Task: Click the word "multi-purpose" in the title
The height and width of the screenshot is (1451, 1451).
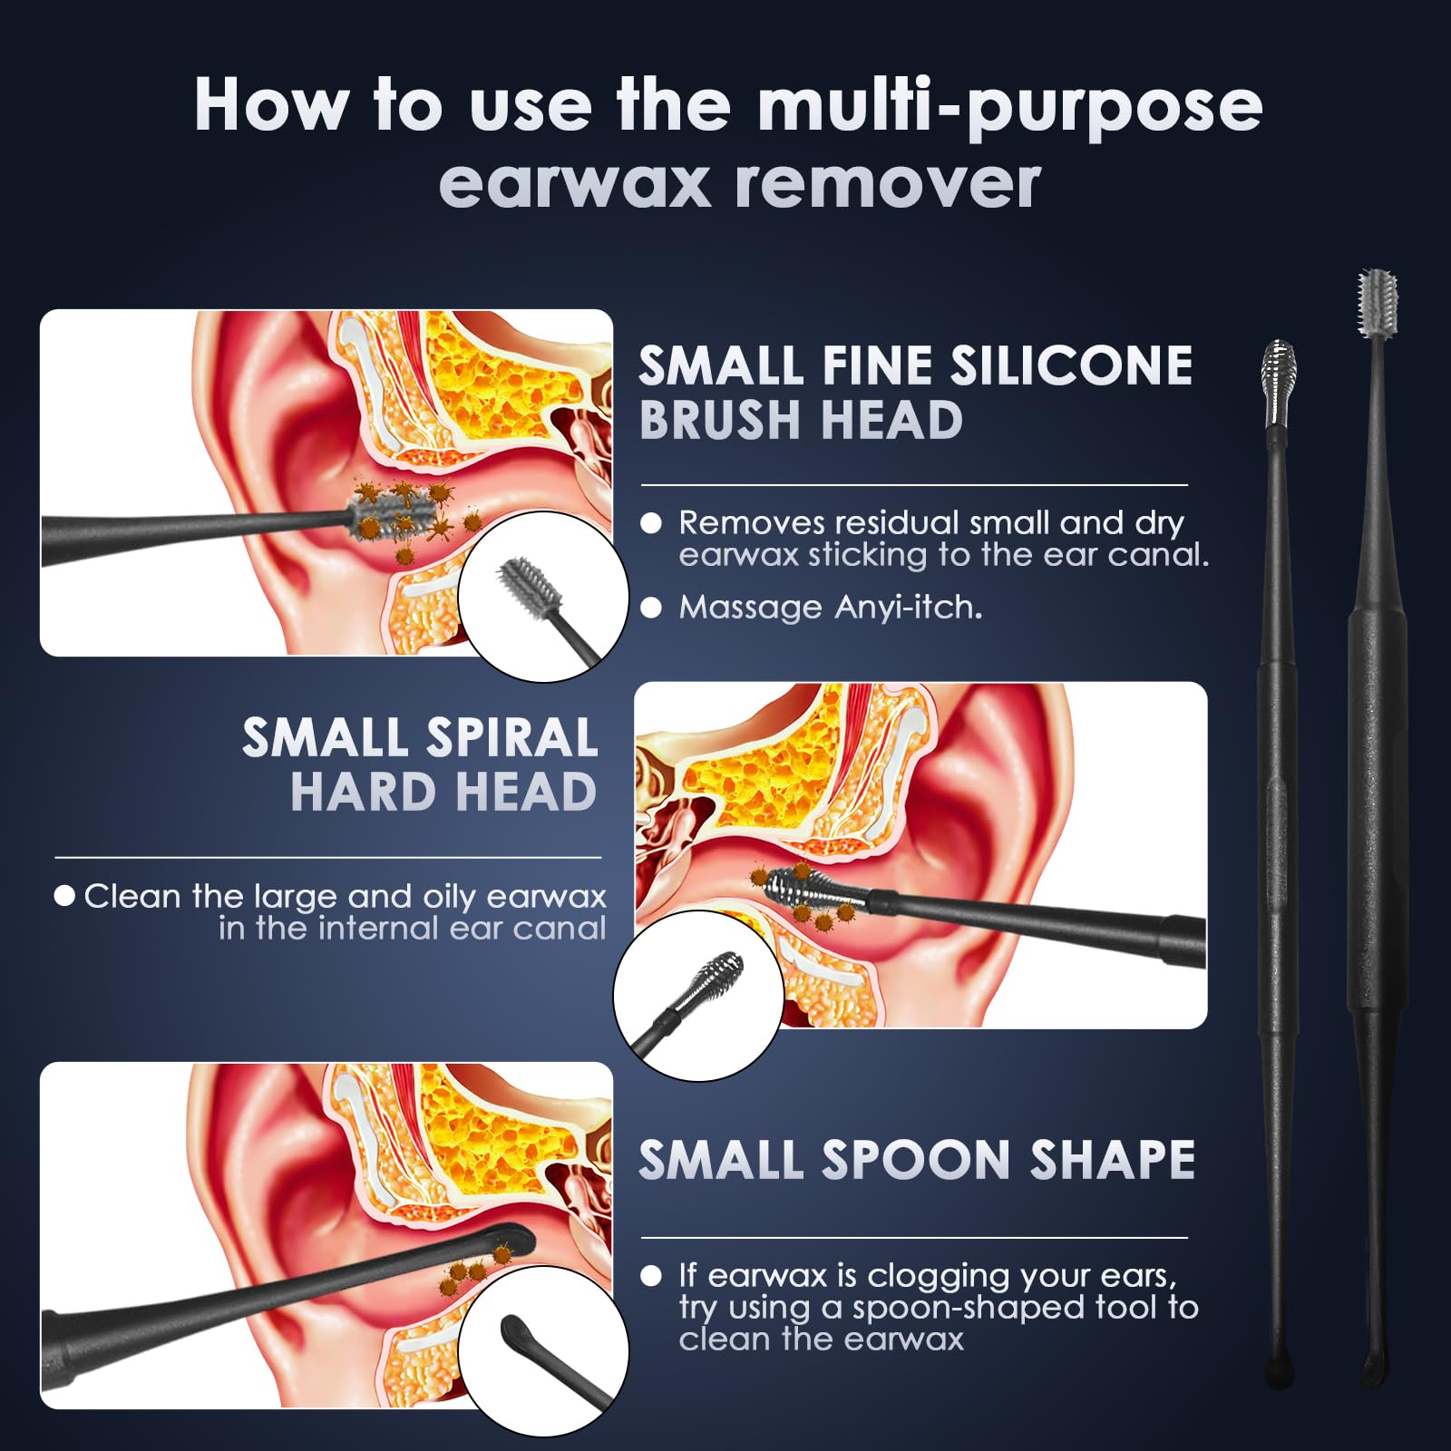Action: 1009,107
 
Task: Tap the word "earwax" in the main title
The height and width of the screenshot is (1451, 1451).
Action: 574,182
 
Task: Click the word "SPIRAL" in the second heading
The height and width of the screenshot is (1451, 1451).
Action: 511,737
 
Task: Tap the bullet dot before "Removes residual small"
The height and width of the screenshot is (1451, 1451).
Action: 651,523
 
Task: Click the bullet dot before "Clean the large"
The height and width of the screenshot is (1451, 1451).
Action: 64,896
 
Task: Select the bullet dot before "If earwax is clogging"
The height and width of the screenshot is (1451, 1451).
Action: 651,1276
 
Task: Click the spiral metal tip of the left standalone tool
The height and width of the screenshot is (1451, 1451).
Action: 1280,383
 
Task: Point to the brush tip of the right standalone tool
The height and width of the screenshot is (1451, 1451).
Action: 1377,303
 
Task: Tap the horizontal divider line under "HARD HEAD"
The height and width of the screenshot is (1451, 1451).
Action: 328,857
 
